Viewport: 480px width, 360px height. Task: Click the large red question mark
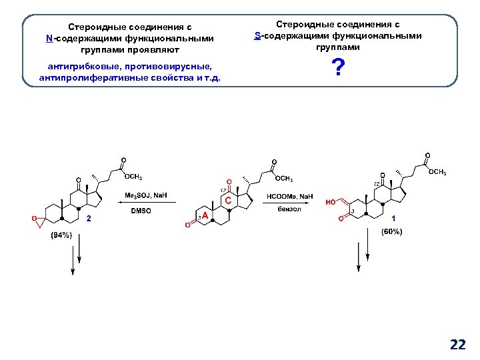click(339, 68)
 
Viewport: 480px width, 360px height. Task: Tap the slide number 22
click(458, 344)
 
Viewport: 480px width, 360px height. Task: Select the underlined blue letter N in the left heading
click(49, 39)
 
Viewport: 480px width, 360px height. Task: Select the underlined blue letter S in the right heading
click(258, 35)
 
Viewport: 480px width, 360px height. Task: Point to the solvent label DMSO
click(141, 211)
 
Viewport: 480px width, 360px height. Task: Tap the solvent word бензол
click(289, 209)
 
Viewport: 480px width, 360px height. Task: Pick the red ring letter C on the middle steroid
click(228, 200)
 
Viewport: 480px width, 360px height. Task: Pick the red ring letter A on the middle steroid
click(205, 217)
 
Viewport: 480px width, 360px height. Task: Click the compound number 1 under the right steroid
click(393, 218)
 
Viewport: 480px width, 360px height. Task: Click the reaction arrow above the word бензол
click(289, 203)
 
